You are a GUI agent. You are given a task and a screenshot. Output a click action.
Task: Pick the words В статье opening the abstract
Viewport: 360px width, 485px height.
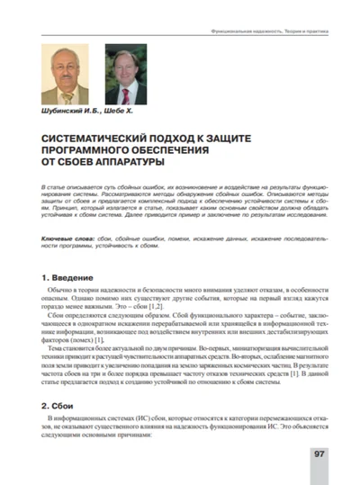click(56, 183)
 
